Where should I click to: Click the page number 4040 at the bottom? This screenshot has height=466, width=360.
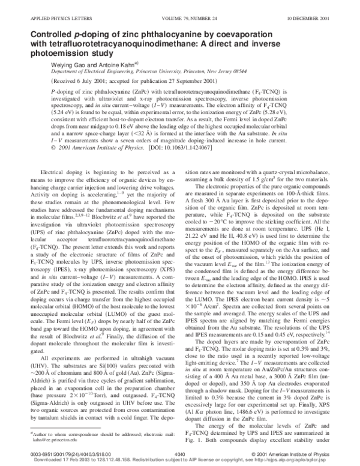(x=179, y=455)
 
